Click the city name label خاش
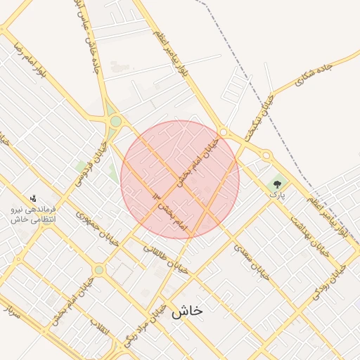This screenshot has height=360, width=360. pyautogui.click(x=187, y=311)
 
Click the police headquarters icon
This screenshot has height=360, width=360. pyautogui.click(x=32, y=198)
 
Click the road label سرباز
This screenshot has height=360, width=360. pyautogui.click(x=11, y=309)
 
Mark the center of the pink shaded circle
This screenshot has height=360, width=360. pyautogui.click(x=180, y=179)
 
